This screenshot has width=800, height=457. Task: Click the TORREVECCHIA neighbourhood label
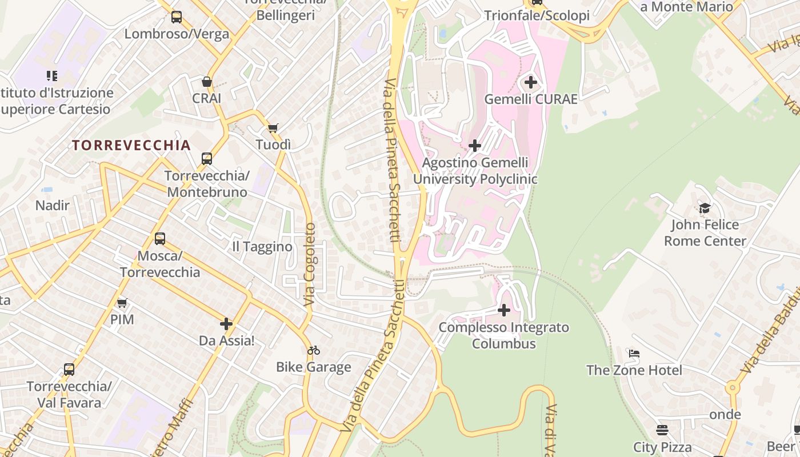[x=131, y=145]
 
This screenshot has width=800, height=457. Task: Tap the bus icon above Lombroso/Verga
[x=177, y=17]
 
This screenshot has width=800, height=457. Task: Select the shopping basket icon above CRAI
[x=206, y=82]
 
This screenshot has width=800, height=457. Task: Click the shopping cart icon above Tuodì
[x=273, y=128]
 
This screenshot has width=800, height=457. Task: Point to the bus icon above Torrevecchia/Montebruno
[x=207, y=158]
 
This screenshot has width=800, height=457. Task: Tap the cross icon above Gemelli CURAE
[x=531, y=82]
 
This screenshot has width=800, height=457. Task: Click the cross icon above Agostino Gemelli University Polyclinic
[x=475, y=146]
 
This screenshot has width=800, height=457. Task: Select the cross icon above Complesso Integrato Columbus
[x=504, y=310]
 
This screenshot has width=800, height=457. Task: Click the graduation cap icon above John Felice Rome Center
[x=705, y=208]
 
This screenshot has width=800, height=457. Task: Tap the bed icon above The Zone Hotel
[x=634, y=354]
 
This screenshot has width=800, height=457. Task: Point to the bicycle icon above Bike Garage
[x=314, y=350]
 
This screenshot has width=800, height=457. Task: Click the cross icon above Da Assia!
[x=226, y=324]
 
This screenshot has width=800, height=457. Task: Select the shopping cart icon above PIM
[x=122, y=303]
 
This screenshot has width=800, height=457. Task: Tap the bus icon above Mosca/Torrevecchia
[x=160, y=239]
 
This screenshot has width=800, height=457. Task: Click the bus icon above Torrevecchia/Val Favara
[x=69, y=370]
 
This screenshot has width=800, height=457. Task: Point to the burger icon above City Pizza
[x=662, y=430]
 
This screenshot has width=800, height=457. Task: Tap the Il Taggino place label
[x=262, y=247]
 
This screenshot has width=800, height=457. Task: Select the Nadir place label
[x=53, y=206]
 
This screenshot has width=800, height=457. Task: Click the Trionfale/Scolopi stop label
[x=537, y=15]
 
